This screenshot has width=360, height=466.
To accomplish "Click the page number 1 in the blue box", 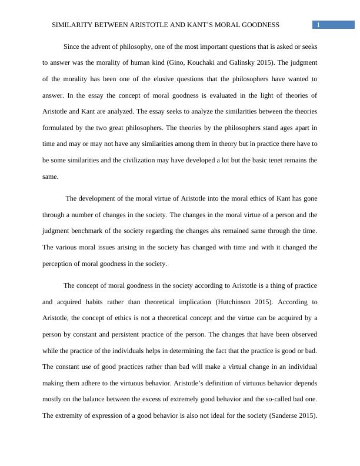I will (318, 25).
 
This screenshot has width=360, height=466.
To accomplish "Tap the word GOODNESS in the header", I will (258, 25).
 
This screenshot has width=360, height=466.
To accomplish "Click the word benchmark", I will (87, 231).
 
